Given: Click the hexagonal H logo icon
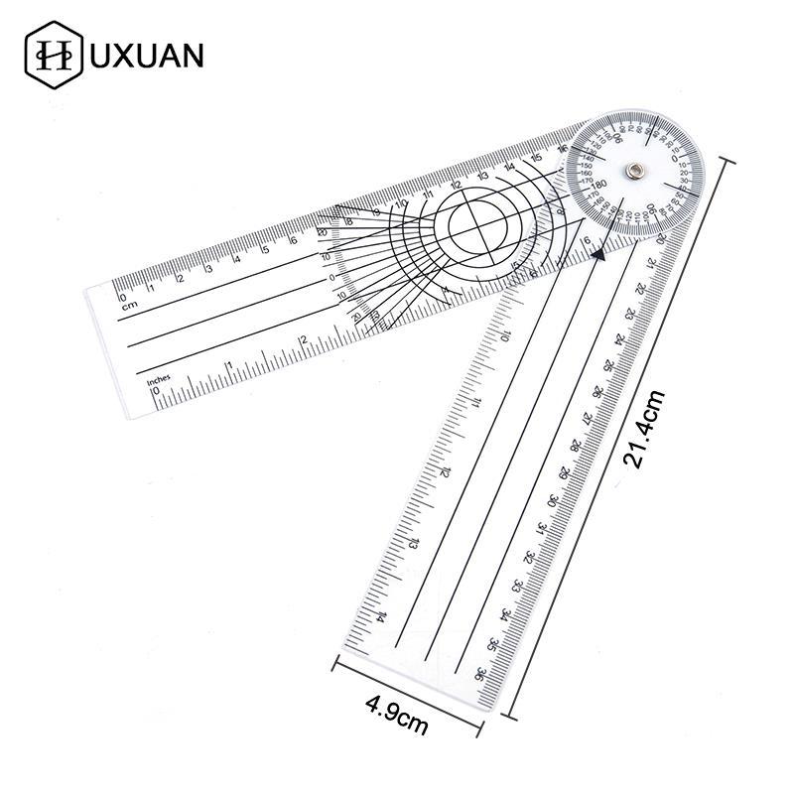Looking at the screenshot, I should [x=51, y=56].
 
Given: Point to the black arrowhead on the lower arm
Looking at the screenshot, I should [x=598, y=256].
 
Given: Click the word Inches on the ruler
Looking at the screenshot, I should [x=159, y=380].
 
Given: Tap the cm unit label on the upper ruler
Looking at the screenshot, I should [x=126, y=307].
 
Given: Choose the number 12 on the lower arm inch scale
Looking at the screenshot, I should [x=444, y=472].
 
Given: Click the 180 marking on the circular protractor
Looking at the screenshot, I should [x=598, y=185].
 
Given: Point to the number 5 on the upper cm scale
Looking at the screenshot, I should [x=265, y=250].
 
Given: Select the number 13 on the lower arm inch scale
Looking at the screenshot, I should [x=412, y=544].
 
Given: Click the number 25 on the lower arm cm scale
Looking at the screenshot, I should [x=607, y=363].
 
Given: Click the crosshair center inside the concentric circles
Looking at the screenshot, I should [x=480, y=225].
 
